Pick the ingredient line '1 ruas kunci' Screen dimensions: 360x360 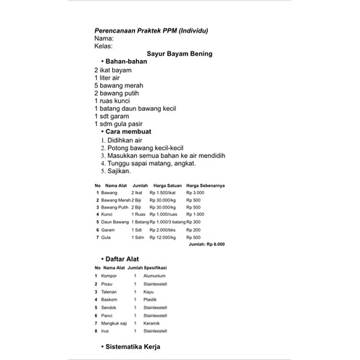117,101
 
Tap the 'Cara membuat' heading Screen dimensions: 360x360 130,132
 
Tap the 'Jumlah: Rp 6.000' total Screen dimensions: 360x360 206,245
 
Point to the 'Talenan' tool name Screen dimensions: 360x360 109,292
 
